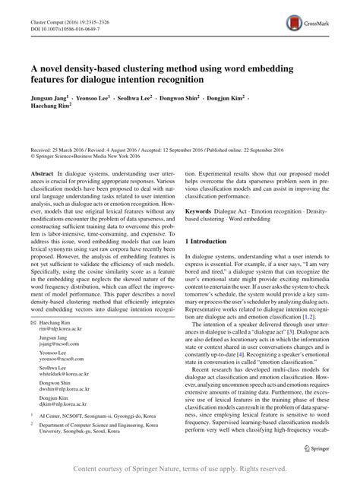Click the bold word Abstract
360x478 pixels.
tap(42, 174)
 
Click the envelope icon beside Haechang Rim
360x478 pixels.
tap(33, 324)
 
